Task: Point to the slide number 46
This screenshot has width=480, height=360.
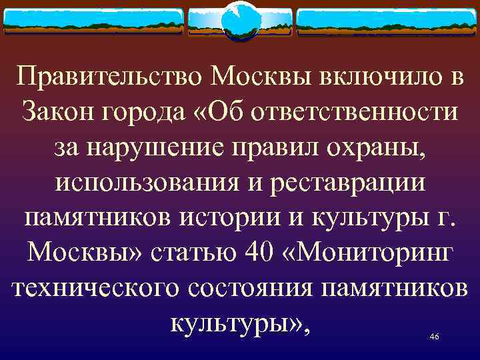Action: tap(434, 337)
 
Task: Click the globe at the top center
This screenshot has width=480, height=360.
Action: tap(240, 22)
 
